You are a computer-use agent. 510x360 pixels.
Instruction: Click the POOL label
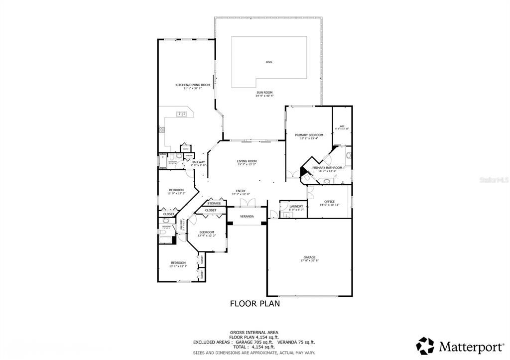269,62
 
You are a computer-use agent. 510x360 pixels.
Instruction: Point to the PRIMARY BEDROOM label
309,135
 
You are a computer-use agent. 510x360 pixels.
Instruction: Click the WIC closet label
342,126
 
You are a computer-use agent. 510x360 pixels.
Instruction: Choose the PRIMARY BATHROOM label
327,168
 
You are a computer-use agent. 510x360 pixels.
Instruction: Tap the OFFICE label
329,201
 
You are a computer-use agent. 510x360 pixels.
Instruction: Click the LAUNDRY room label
296,206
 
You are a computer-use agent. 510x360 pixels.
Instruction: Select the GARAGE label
309,257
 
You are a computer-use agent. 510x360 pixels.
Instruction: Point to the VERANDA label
247,217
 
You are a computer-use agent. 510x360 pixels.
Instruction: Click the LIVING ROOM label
247,161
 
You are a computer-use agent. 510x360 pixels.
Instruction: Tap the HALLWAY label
198,162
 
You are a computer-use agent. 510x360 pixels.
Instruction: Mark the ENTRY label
241,191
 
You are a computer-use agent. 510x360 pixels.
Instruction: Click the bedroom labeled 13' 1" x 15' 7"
178,263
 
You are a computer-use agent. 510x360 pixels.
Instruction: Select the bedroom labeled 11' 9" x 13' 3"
176,190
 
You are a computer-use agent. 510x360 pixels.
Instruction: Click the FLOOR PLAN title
255,303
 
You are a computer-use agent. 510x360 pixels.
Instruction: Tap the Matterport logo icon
425,345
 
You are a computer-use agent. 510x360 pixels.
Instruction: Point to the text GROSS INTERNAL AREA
254,332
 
